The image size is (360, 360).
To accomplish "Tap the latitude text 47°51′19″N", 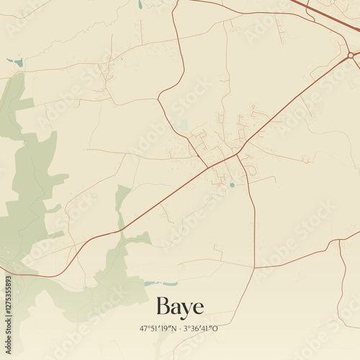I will tap(158, 328).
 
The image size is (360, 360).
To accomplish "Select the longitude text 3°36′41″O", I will tap(201, 328).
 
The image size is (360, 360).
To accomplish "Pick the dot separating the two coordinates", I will tap(180, 328).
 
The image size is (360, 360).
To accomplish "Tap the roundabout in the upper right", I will tap(351, 55).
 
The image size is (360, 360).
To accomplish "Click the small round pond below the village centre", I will tap(232, 185).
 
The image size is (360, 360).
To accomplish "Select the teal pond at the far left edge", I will tap(19, 63).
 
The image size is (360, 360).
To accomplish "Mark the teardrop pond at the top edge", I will tap(140, 4).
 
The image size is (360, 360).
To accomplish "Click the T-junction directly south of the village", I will tap(254, 268).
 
